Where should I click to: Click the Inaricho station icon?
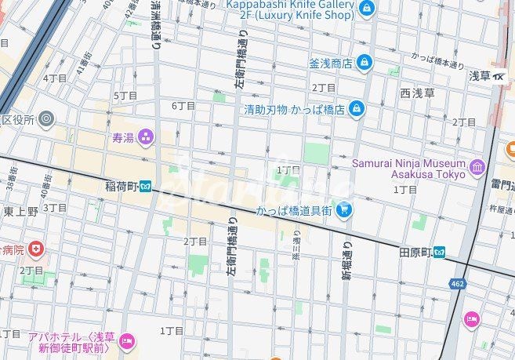[146, 187]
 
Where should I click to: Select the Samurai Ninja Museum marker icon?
[477, 167]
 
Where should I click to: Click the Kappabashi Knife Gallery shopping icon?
[366, 9]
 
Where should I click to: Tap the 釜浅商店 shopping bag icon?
[364, 62]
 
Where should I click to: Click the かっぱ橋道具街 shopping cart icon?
[343, 209]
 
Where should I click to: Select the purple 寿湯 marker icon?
[146, 138]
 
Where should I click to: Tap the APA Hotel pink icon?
[127, 340]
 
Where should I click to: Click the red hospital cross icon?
[35, 249]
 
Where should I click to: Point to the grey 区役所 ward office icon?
[47, 119]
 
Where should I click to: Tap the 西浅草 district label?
[417, 93]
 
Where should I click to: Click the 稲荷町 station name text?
[121, 187]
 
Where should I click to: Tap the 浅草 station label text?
[480, 75]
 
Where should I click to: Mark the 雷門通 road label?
[502, 185]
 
